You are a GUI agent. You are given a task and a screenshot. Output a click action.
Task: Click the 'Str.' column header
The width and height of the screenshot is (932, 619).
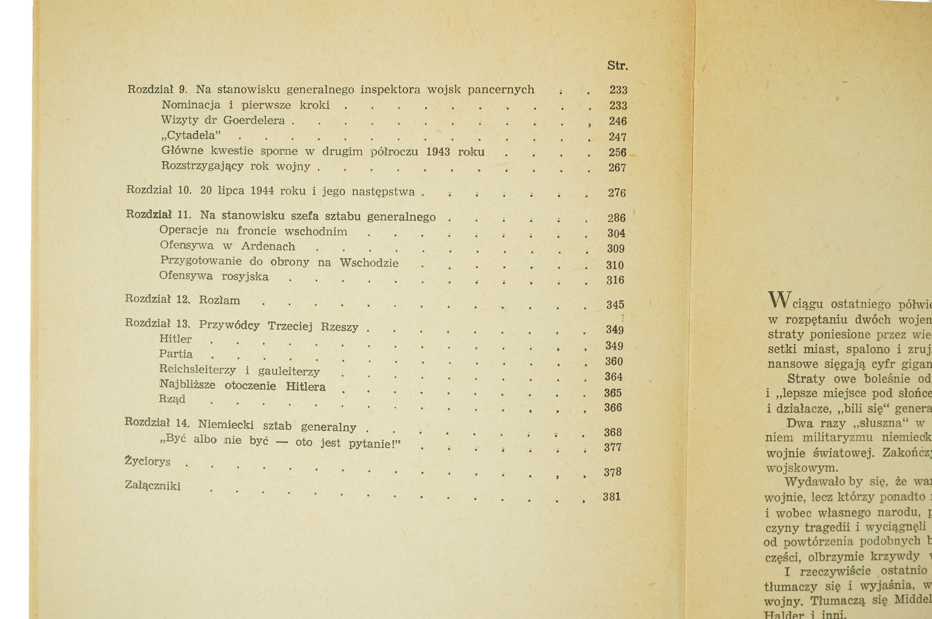point(617,66)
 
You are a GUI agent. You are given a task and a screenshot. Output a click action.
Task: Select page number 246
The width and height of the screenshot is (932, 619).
point(618,121)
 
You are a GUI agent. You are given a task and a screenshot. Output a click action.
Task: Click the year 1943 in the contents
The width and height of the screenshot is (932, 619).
point(438,152)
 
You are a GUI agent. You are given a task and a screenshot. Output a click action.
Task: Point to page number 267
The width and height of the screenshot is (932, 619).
point(617,168)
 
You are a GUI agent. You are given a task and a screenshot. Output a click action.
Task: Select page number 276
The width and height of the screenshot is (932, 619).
point(617,193)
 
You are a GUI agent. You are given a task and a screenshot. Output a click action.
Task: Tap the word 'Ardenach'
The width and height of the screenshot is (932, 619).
point(268,246)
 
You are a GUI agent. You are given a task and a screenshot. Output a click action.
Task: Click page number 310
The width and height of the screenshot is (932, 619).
point(615,265)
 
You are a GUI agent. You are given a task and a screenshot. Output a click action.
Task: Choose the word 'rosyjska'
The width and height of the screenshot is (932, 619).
point(245,277)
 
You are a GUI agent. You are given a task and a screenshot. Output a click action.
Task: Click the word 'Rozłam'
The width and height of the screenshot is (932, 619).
point(219,300)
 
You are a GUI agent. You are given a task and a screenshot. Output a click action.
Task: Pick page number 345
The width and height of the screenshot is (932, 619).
point(615,305)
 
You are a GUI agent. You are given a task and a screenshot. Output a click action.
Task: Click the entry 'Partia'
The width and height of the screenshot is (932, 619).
point(176,354)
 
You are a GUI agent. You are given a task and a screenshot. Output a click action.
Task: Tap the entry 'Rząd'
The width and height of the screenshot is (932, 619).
point(172,399)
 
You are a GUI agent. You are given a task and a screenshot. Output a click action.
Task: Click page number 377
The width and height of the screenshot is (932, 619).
point(613,447)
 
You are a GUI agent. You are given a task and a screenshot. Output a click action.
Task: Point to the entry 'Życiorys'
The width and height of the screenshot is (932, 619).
point(148,461)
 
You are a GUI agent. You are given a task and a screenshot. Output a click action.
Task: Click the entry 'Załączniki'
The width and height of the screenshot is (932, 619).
point(152,485)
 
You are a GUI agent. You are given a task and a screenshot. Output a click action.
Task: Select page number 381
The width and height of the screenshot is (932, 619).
point(612,497)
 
